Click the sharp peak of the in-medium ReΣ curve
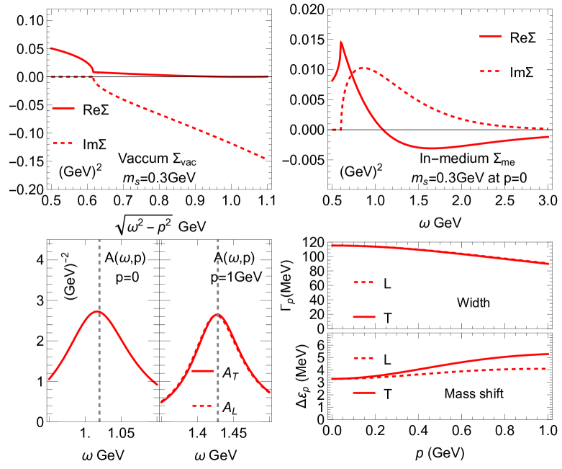340,43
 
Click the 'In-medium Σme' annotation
466,158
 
